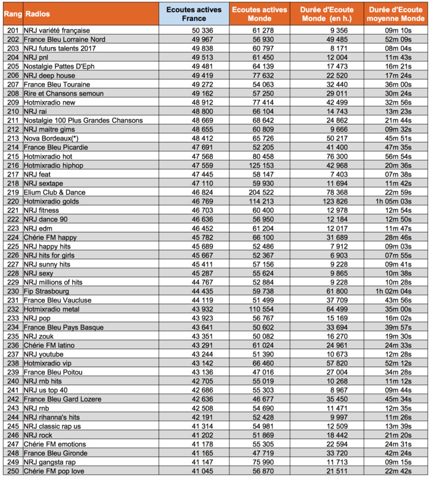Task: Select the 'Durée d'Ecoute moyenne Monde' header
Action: click(x=394, y=13)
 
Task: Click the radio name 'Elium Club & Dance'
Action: click(x=54, y=192)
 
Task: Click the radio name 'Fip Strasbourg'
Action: click(x=47, y=291)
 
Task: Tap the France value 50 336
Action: click(x=202, y=30)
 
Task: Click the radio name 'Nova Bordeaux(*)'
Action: click(x=51, y=138)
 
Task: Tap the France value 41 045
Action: click(x=202, y=471)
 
